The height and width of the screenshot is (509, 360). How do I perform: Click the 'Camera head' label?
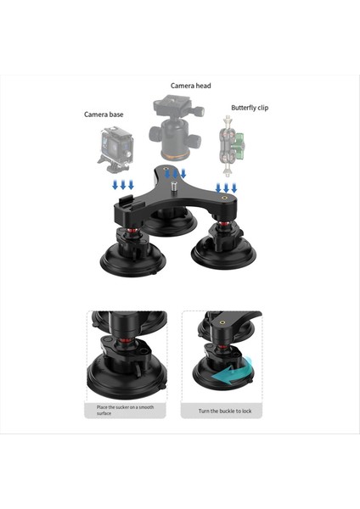190,86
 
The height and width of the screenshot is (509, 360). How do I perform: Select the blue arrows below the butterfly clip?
226,187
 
